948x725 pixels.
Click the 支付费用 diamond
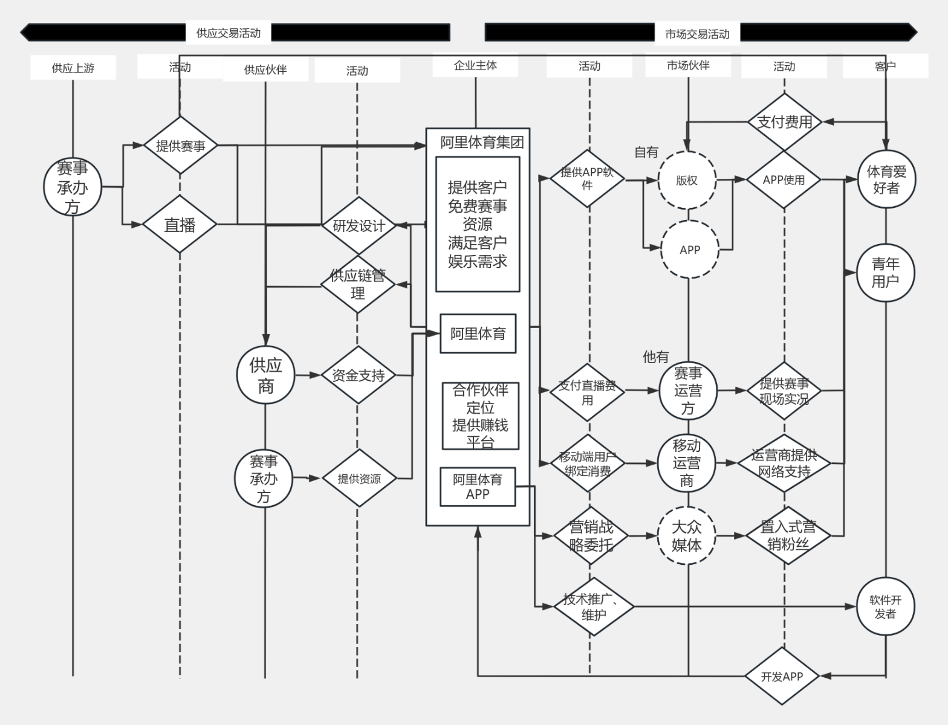pos(784,121)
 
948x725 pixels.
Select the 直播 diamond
pos(180,224)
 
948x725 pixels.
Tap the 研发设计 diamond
pos(359,225)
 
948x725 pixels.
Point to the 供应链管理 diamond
pos(357,285)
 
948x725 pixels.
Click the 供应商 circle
pos(265,375)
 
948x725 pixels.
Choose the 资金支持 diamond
pos(359,375)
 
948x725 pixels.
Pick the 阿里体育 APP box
pos(478,487)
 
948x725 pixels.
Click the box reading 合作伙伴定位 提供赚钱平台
pos(480,416)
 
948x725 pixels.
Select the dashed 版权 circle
pos(687,181)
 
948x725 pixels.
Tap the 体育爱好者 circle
pos(886,179)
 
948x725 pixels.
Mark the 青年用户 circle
pos(886,272)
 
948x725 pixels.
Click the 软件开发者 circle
pos(885,607)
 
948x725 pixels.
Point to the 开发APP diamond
pos(782,676)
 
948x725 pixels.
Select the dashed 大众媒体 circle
pos(687,535)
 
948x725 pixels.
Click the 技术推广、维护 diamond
pos(594,607)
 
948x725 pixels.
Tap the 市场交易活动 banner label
pos(697,34)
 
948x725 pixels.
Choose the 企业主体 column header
pos(475,65)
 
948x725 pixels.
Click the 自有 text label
pos(646,152)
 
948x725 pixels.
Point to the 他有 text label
pos(655,357)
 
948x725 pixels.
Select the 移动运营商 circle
pos(686,463)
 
